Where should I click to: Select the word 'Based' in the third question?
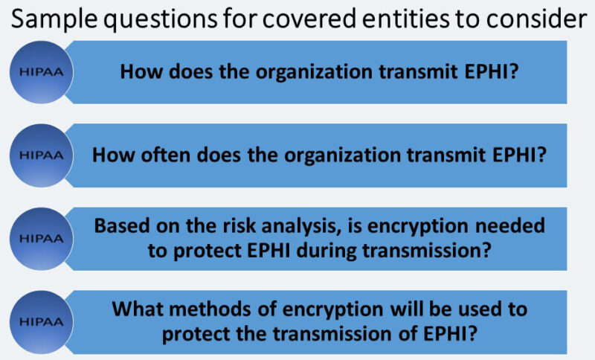[118, 225]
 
